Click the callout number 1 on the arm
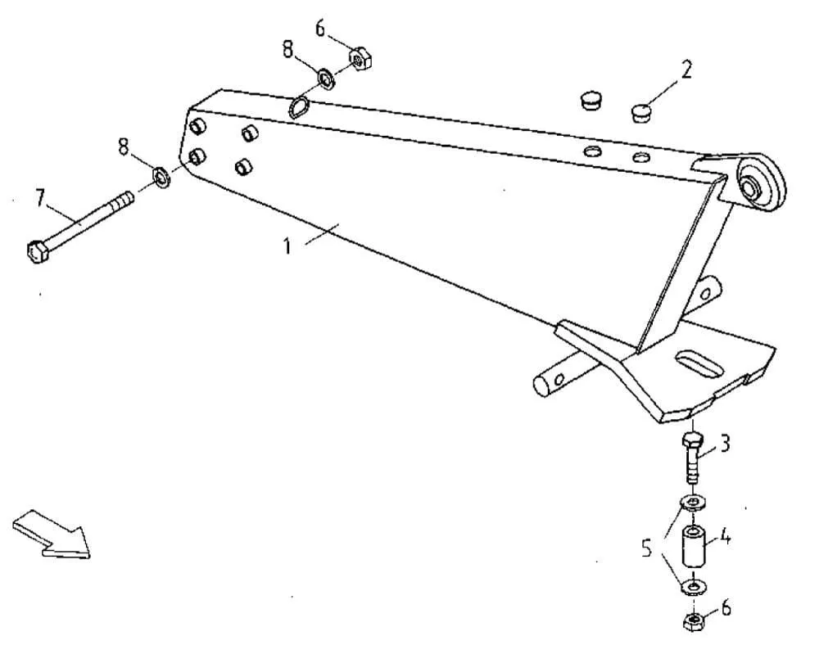click(x=287, y=246)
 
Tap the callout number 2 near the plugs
click(x=686, y=70)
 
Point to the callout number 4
click(x=724, y=536)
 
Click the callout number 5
click(x=647, y=548)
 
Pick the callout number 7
click(x=40, y=198)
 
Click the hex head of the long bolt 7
click(x=37, y=252)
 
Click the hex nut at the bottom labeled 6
click(x=693, y=621)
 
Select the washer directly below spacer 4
click(x=694, y=588)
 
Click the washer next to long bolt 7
click(x=162, y=177)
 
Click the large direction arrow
click(x=51, y=534)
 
